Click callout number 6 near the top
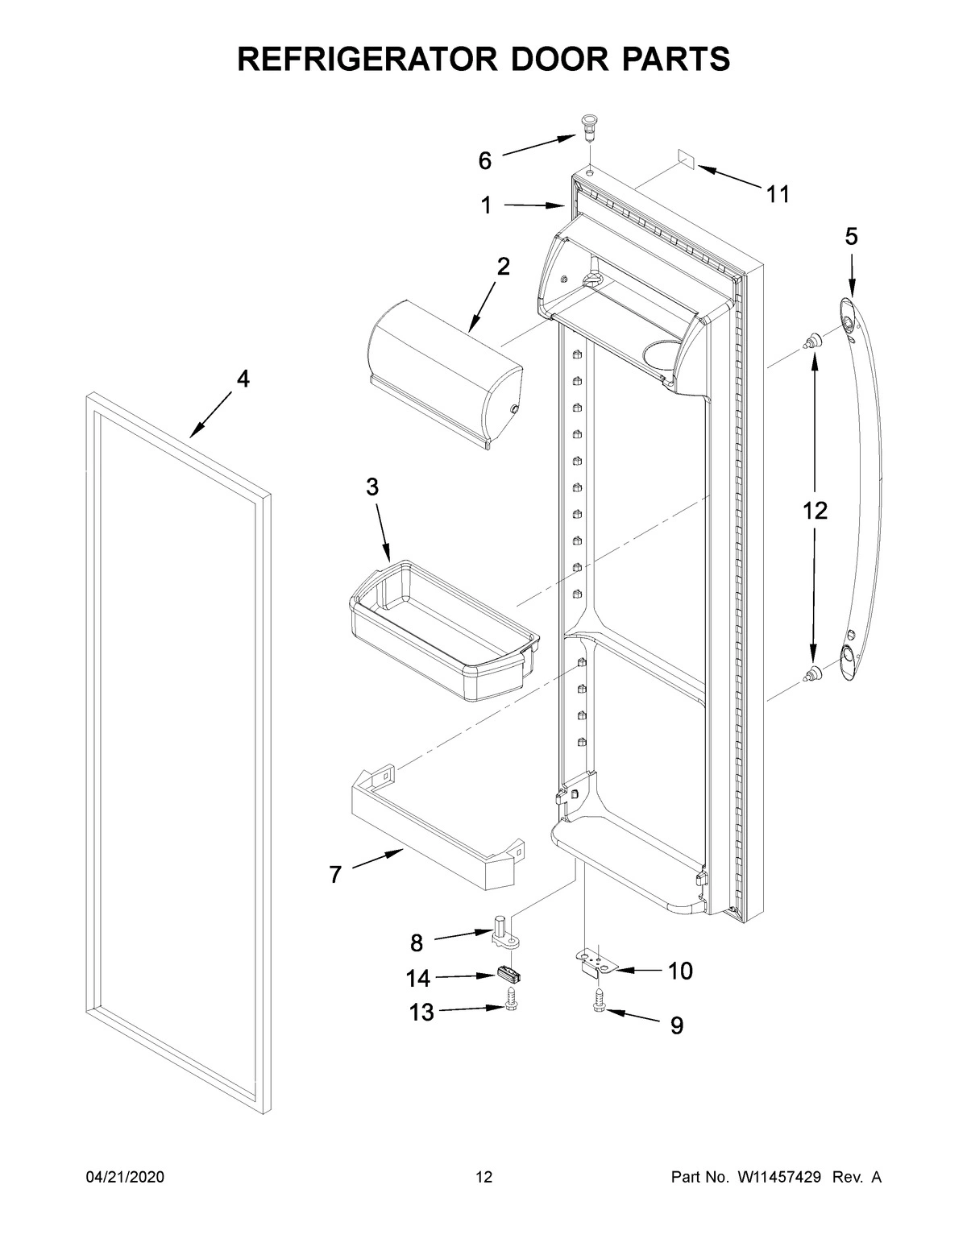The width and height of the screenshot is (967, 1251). [x=484, y=161]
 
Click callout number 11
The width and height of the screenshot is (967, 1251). [x=778, y=194]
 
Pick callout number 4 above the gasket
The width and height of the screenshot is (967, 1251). [x=243, y=379]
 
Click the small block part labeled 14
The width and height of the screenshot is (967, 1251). [x=508, y=975]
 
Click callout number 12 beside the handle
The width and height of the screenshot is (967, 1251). [x=815, y=511]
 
